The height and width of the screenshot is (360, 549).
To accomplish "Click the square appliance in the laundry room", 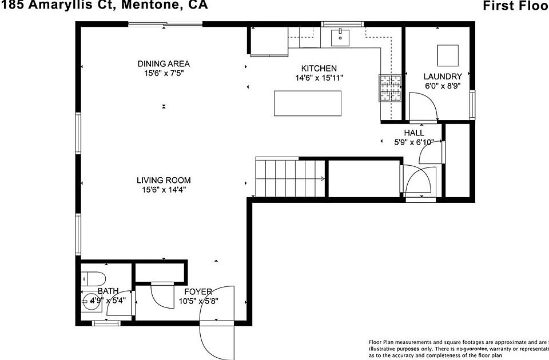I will pyautogui.click(x=448, y=55).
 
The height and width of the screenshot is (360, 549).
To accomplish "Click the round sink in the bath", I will pyautogui.click(x=90, y=303).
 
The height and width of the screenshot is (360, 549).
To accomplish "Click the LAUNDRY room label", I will pyautogui.click(x=443, y=77).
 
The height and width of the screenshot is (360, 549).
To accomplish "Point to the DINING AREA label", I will pyautogui.click(x=164, y=63).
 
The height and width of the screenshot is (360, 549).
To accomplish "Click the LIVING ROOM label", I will pyautogui.click(x=164, y=180).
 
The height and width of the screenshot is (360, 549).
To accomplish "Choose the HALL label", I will pyautogui.click(x=414, y=133).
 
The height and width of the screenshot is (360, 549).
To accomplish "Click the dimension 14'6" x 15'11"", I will pyautogui.click(x=319, y=78).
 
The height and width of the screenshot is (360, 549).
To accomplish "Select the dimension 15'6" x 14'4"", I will pyautogui.click(x=164, y=190).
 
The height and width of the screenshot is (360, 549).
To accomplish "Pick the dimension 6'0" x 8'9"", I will pyautogui.click(x=443, y=86).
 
